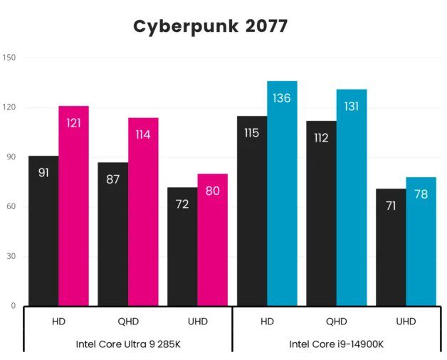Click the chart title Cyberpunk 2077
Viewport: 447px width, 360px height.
[x=211, y=26]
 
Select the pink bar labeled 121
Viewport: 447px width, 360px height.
[x=73, y=206]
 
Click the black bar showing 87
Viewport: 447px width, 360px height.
[x=113, y=235]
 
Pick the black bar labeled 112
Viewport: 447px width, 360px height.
[x=321, y=213]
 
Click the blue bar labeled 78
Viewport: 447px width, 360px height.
[x=421, y=242]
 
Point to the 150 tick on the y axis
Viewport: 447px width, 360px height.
[x=9, y=58]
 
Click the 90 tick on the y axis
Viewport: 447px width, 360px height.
[x=11, y=157]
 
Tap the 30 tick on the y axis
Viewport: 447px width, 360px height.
[x=11, y=257]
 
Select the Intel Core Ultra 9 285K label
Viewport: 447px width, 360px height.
[x=128, y=344]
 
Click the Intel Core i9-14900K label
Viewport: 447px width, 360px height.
[x=337, y=344]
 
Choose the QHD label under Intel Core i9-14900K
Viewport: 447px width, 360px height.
[x=337, y=322]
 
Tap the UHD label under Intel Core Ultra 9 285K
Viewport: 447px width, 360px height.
[x=197, y=322]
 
